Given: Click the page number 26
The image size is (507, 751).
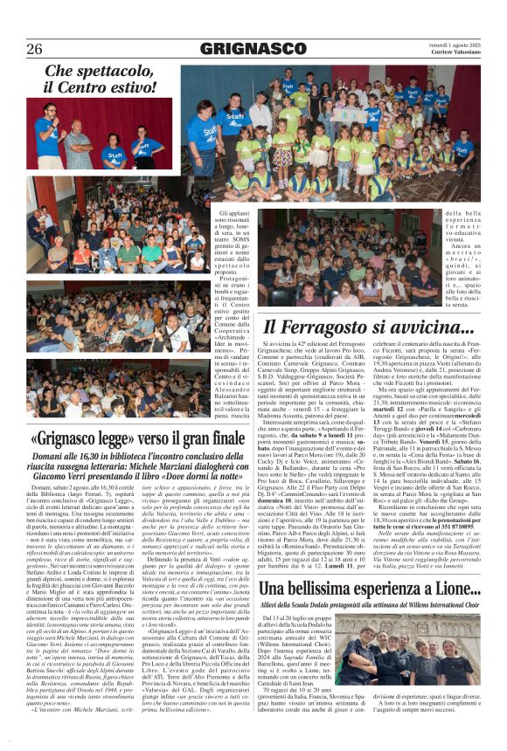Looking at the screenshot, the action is coord(34,48).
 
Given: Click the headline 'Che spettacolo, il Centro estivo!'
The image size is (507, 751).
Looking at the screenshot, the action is coord(101,79).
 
